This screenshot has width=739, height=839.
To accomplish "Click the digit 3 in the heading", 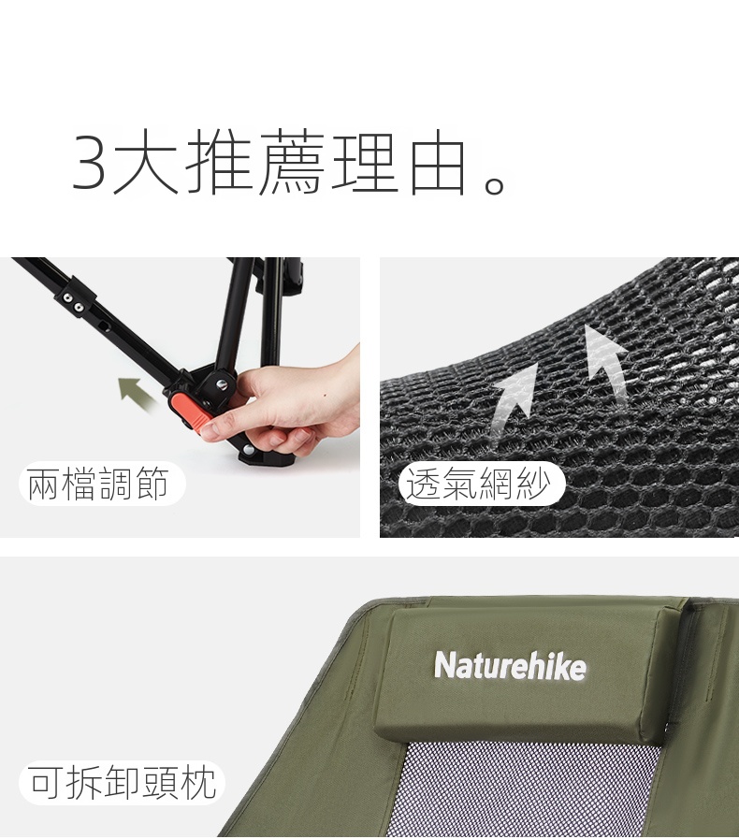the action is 89,162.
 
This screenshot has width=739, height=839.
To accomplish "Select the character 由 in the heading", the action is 437,163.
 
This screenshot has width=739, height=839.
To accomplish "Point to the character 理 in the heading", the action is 366,162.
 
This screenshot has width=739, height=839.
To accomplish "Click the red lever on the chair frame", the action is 189,411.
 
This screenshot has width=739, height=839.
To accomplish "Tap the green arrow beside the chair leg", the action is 136,393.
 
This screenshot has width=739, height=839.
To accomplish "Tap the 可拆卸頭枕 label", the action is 122,782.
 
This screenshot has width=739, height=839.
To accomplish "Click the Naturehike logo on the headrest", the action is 510,666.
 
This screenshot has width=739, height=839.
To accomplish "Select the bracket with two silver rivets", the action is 76,301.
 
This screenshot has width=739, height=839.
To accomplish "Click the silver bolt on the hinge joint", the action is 222,384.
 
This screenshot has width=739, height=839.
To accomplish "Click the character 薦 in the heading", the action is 293,162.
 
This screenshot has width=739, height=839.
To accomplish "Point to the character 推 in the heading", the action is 220,162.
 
